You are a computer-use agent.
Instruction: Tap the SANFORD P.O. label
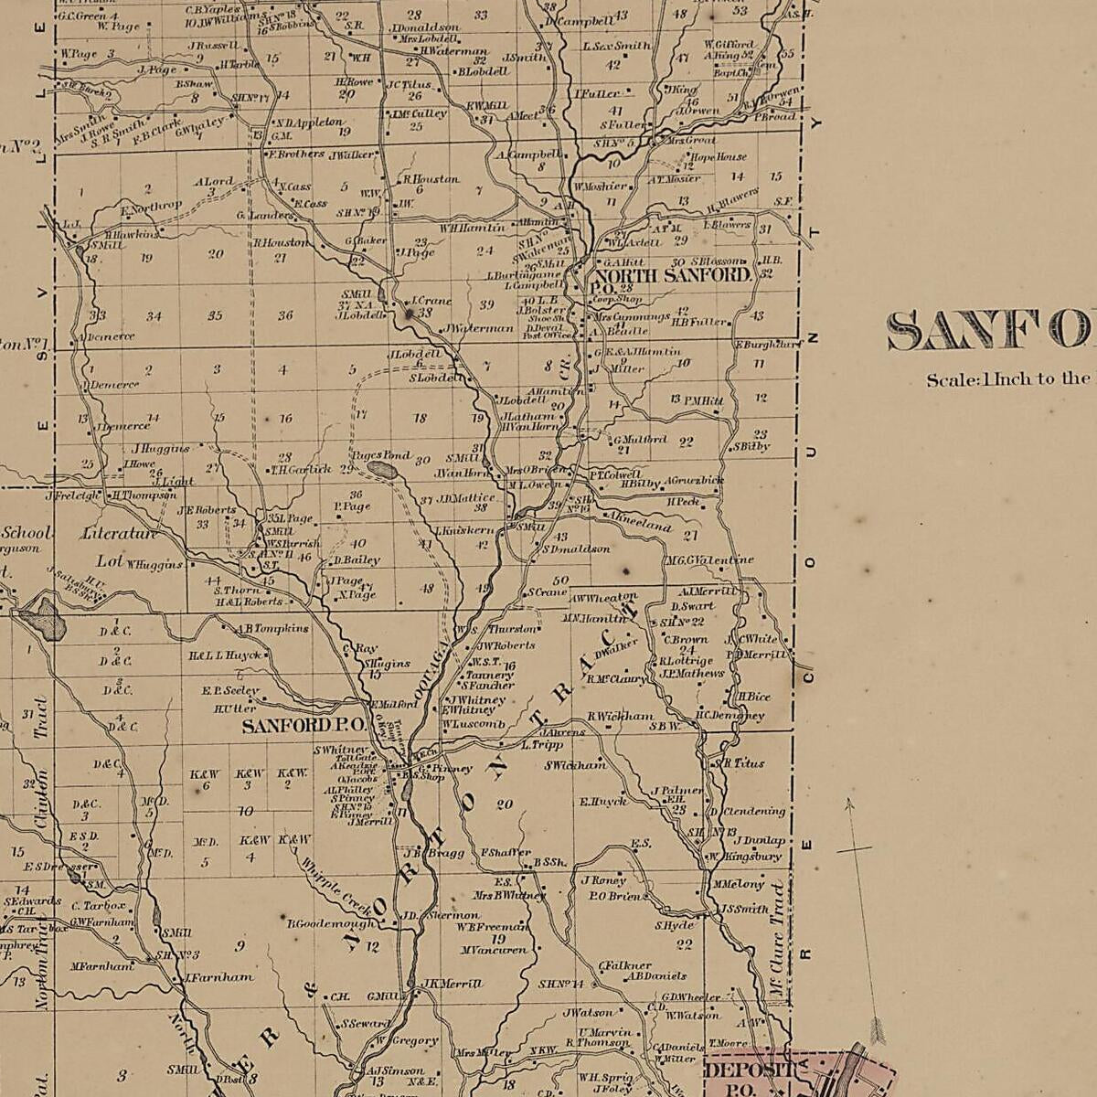point(304,726)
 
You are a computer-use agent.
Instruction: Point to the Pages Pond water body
point(382,470)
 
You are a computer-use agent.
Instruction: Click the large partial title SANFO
point(991,331)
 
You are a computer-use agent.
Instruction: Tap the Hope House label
point(719,157)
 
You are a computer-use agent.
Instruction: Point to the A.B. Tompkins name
point(273,628)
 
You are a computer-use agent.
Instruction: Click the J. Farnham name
point(220,976)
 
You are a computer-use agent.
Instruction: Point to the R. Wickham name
point(621,716)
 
